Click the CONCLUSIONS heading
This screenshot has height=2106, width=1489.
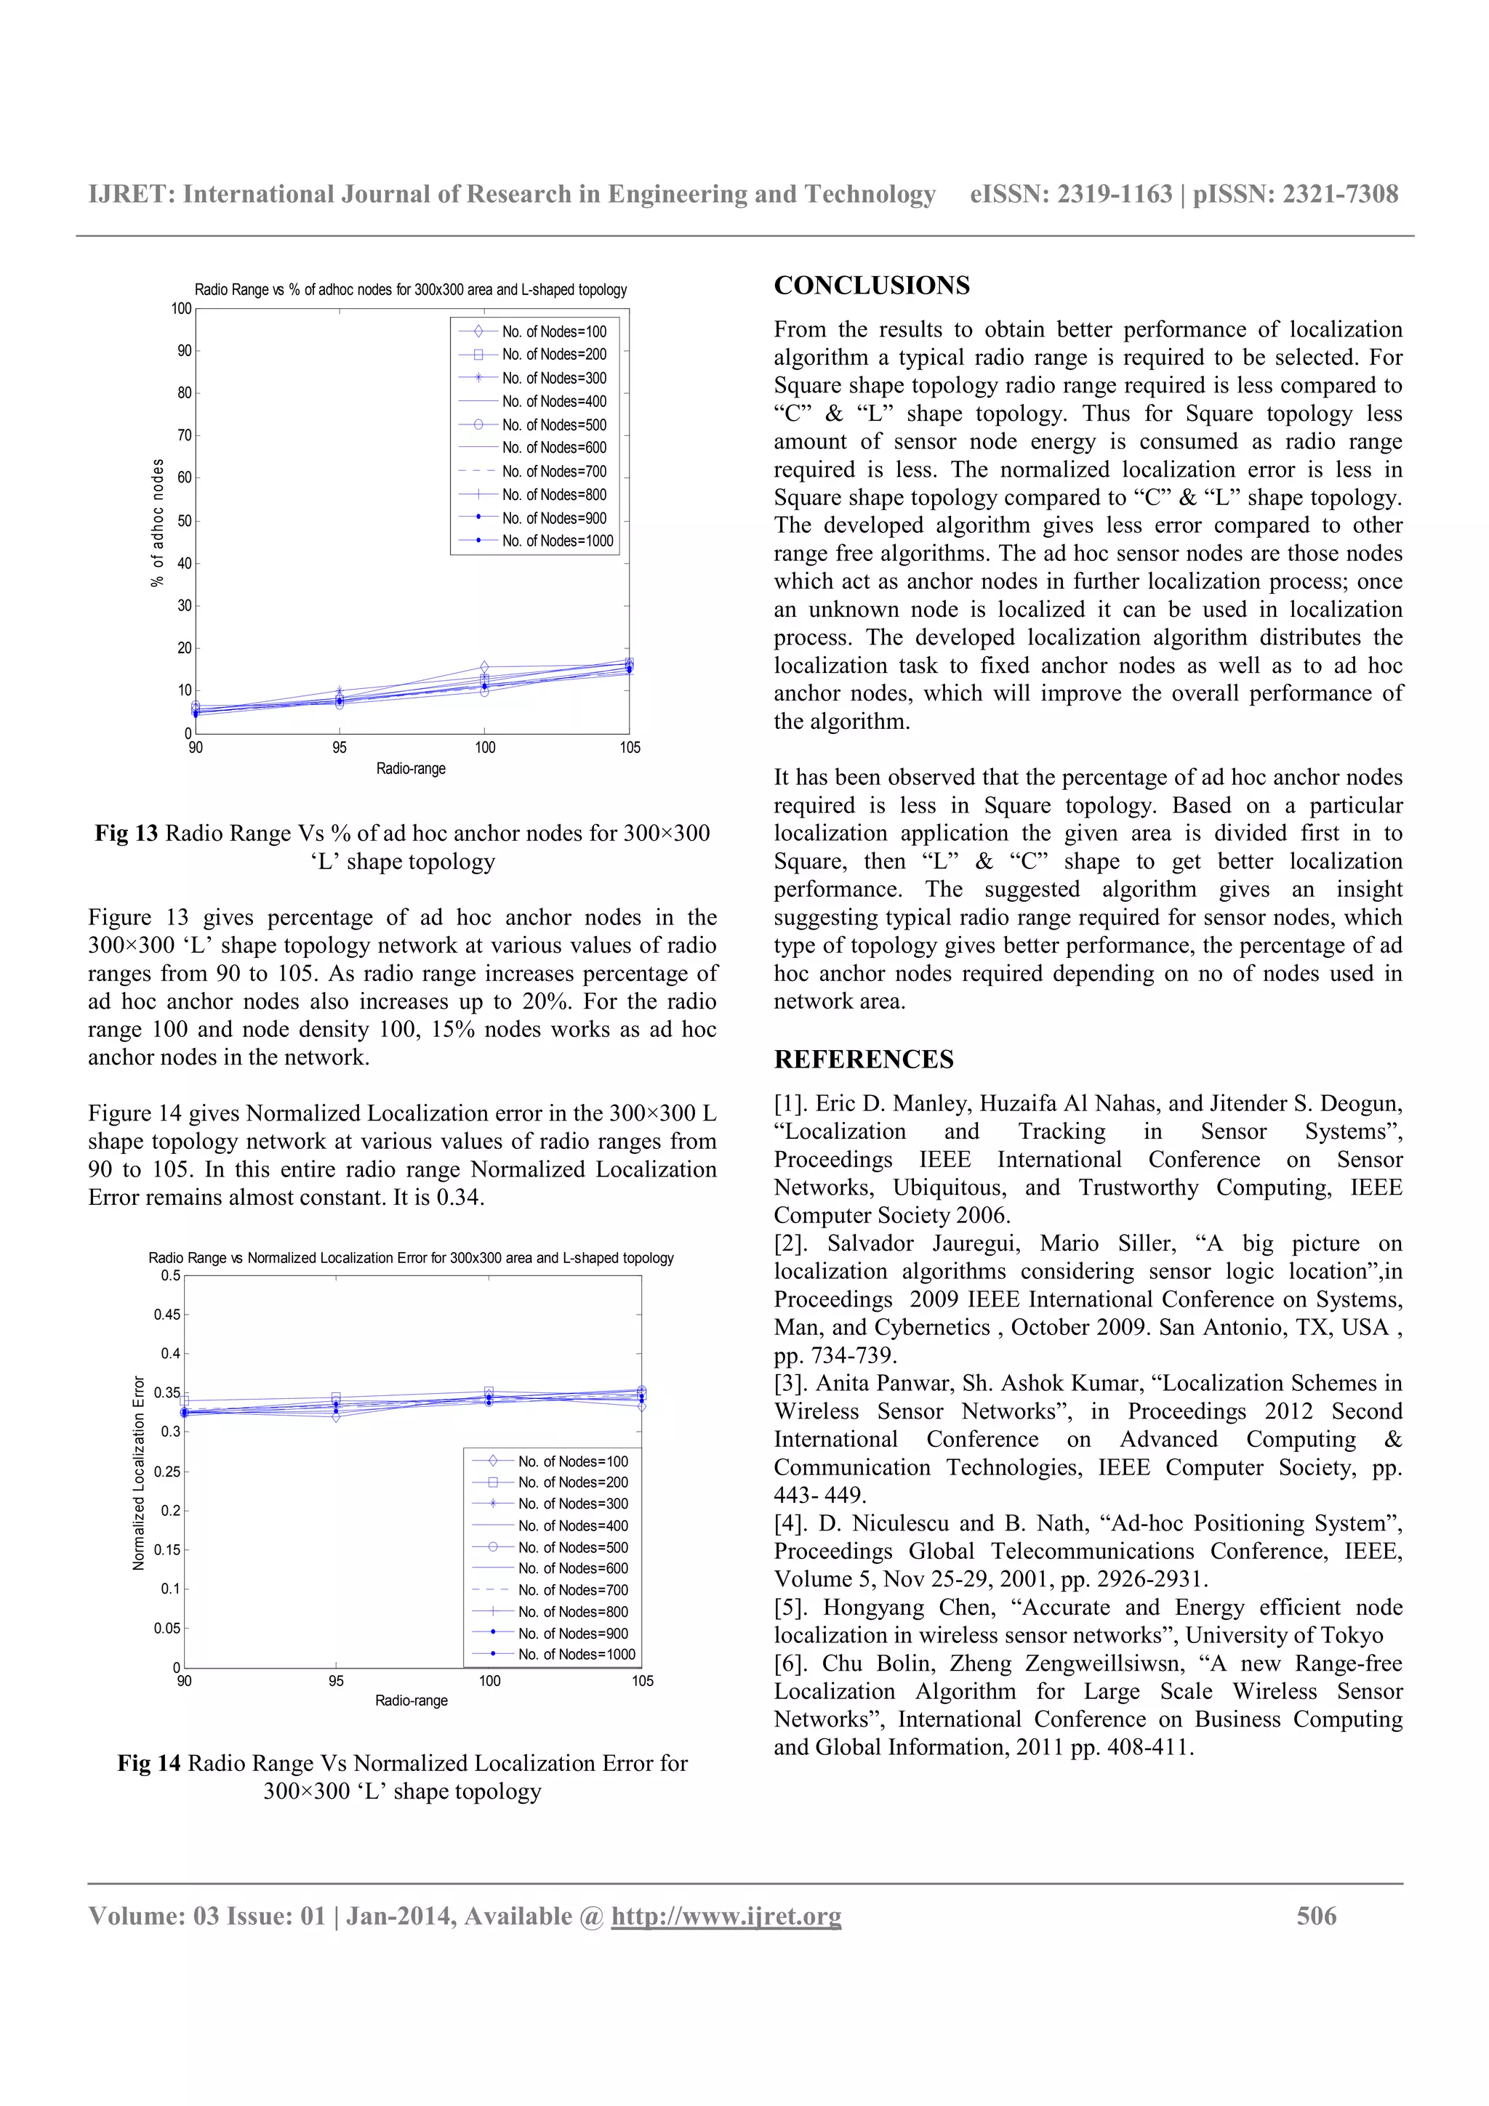871,286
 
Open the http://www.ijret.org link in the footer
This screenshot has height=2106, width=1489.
726,1916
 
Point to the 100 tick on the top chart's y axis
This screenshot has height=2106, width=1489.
182,309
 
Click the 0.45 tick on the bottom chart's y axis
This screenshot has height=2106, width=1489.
167,1315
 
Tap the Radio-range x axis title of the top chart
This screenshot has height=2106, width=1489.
410,769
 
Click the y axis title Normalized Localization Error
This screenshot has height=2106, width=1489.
140,1472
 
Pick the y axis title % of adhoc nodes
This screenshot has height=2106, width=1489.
158,522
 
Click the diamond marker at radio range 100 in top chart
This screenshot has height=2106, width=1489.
484,667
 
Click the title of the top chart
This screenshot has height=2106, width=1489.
410,290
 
